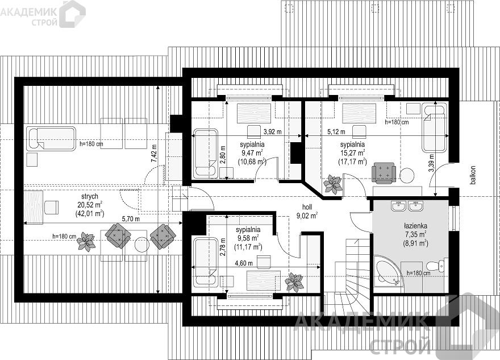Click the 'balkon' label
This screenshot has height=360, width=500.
point(473,175)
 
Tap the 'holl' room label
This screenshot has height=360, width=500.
point(307,207)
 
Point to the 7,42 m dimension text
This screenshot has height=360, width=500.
point(155,154)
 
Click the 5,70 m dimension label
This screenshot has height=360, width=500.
point(131,219)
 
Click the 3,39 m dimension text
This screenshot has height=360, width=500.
point(431,163)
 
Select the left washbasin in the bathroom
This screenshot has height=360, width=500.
point(399,206)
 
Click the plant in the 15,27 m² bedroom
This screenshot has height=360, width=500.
point(333,184)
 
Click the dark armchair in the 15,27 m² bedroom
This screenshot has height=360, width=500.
point(384,173)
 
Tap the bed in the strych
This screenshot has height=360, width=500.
point(51,138)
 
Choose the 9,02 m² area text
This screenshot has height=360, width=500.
point(307,216)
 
